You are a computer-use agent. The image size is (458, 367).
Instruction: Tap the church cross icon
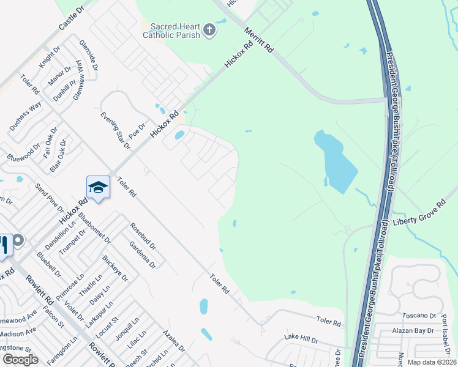[x=209, y=30]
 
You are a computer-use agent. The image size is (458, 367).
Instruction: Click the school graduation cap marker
[x=98, y=187]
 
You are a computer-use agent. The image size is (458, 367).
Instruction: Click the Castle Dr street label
[x=71, y=20]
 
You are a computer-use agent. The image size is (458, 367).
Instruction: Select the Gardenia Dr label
[x=143, y=254]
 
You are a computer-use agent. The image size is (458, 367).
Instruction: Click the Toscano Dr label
[x=419, y=316]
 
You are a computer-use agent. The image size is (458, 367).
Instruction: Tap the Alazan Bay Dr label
[x=413, y=331]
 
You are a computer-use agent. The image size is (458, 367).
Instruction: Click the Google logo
[x=20, y=360]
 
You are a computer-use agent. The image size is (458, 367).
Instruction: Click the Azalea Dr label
[x=174, y=341]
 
